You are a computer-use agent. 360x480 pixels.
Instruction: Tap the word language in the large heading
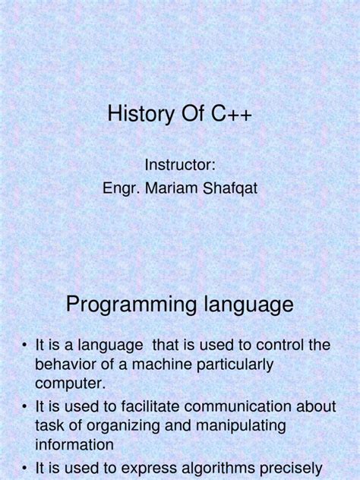coord(245,305)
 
